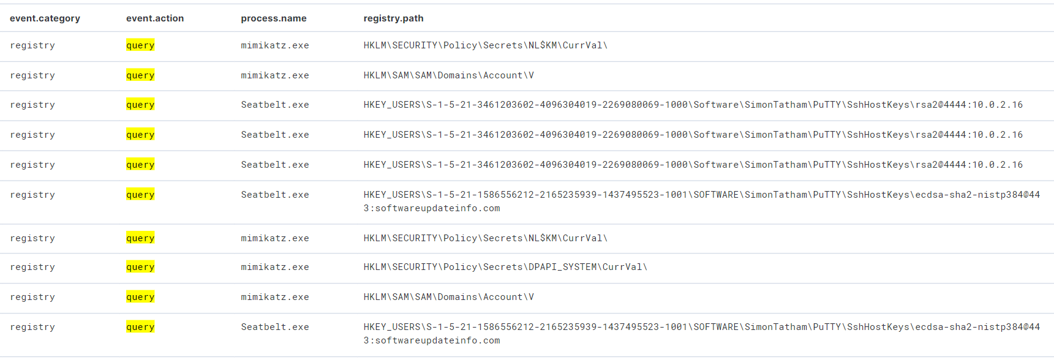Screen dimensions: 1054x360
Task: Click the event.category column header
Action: pyautogui.click(x=45, y=18)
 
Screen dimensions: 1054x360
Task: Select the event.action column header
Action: pyautogui.click(x=155, y=18)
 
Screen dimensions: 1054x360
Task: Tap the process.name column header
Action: pyautogui.click(x=274, y=18)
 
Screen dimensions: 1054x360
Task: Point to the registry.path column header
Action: pyautogui.click(x=393, y=18)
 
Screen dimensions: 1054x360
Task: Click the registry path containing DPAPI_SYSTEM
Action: pyautogui.click(x=505, y=267)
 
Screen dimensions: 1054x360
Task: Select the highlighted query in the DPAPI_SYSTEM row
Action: pyautogui.click(x=140, y=267)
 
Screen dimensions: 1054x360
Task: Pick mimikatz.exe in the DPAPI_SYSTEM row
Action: pyautogui.click(x=275, y=267)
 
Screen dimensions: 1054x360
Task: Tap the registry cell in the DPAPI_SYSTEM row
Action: pyautogui.click(x=32, y=267)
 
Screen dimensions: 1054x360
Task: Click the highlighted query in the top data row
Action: pyautogui.click(x=140, y=45)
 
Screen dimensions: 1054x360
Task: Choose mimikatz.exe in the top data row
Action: pyautogui.click(x=275, y=45)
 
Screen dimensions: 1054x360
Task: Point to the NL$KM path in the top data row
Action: pyautogui.click(x=485, y=45)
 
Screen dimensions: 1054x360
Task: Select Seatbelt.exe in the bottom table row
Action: pyautogui.click(x=275, y=327)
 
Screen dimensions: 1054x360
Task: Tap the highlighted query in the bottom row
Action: pyautogui.click(x=140, y=327)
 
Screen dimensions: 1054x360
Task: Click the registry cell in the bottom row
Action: pyautogui.click(x=32, y=327)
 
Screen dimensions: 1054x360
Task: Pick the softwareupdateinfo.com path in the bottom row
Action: pyautogui.click(x=701, y=334)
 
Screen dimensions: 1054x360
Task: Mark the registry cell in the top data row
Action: pyautogui.click(x=32, y=45)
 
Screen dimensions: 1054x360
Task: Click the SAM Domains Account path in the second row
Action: pyautogui.click(x=448, y=75)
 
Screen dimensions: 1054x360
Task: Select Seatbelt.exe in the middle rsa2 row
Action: pyautogui.click(x=275, y=135)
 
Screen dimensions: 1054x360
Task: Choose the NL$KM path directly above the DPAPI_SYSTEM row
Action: pyautogui.click(x=485, y=238)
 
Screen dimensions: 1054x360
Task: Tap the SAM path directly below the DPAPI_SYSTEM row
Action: pyautogui.click(x=448, y=297)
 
